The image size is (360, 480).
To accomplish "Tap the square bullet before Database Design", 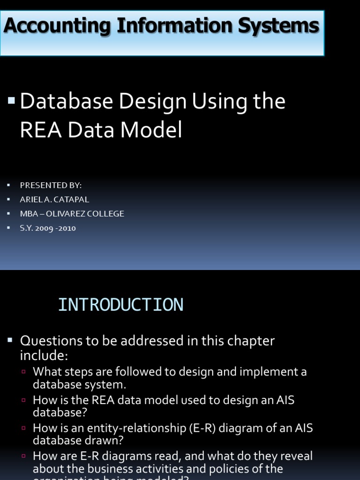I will coord(12,100).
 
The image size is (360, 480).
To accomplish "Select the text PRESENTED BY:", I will coord(51,185).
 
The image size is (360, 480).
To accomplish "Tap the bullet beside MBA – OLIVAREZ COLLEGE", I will coord(9,214).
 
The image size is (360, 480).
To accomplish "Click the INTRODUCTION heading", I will coord(120,305).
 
